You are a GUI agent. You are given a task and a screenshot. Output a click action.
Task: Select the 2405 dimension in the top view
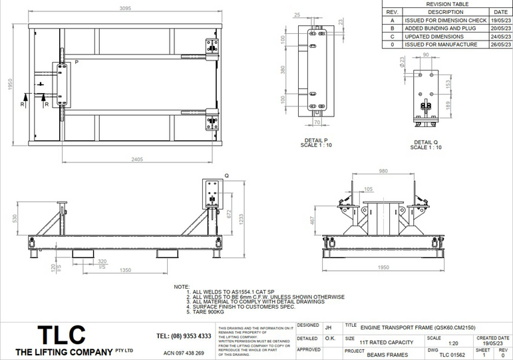138,160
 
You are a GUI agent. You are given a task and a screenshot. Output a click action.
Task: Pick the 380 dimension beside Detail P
283,70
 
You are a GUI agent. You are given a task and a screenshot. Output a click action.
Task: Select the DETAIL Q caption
427,142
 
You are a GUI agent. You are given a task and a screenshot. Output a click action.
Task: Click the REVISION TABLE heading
446,4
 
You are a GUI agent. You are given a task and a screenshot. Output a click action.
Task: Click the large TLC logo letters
61,334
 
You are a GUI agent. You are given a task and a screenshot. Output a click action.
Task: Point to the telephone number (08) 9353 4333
184,336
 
